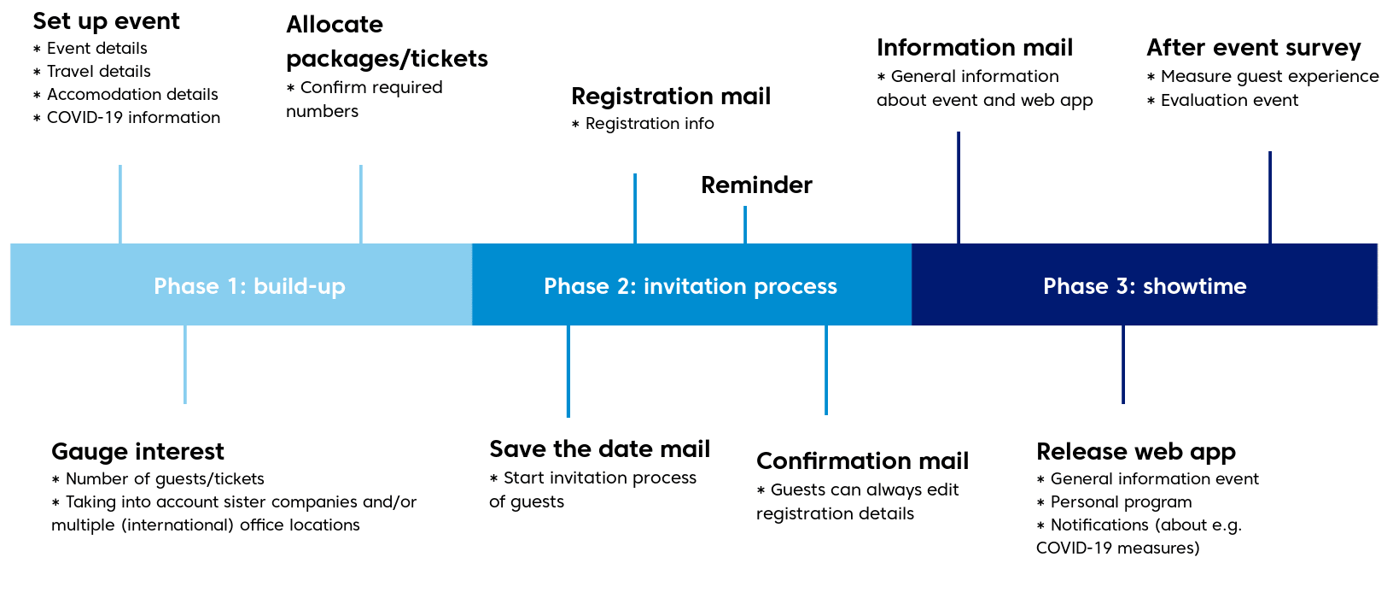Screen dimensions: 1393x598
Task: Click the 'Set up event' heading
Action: point(107,21)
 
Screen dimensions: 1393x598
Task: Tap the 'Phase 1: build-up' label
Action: point(249,286)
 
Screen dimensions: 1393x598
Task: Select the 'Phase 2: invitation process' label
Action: point(691,286)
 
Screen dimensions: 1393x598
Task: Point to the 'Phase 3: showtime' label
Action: point(1145,286)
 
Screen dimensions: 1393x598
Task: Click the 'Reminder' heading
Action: point(756,185)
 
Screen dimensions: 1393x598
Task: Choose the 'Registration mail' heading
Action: point(671,97)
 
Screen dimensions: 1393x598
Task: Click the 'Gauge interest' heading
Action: point(137,452)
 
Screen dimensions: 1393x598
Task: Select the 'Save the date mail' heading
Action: point(599,449)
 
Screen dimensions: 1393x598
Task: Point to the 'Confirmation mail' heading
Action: point(863,461)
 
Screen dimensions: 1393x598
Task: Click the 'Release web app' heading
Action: point(1136,453)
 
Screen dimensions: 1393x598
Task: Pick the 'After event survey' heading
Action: point(1254,48)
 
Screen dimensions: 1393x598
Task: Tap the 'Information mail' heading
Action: point(975,48)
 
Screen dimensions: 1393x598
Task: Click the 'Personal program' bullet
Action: point(1115,502)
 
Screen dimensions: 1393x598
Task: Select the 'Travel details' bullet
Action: point(92,72)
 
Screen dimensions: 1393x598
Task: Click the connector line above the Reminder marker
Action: point(745,225)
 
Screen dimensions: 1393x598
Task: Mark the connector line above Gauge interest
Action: point(185,364)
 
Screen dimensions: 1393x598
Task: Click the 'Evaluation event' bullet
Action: point(1222,100)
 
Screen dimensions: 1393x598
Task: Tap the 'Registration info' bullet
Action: point(643,124)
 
